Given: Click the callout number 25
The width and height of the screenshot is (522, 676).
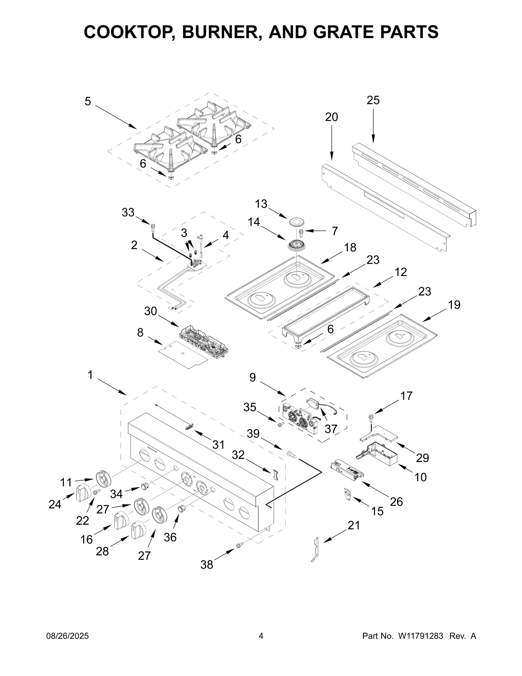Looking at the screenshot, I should tap(373, 100).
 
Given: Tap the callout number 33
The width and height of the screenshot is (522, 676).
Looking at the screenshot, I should tap(128, 212).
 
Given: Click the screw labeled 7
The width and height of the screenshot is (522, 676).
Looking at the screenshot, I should tap(301, 232).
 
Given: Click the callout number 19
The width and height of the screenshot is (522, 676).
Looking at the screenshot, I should tap(454, 305).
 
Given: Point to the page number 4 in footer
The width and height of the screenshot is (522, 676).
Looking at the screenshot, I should tap(261, 636).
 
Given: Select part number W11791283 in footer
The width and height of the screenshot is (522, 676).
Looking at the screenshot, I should tap(420, 636).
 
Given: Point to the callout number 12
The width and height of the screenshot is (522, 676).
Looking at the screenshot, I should tap(401, 272).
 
